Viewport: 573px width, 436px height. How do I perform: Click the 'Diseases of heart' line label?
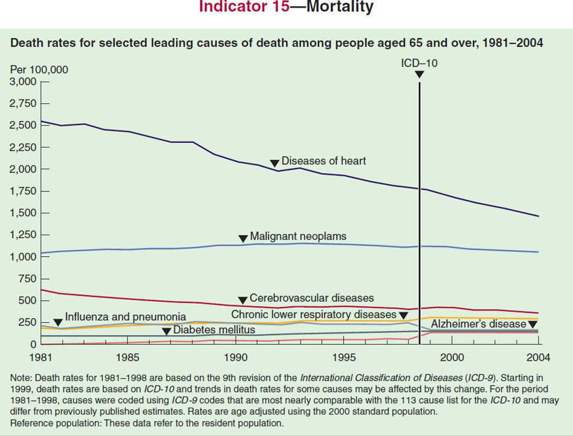[323, 161]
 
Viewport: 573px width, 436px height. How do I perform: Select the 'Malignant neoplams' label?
[298, 236]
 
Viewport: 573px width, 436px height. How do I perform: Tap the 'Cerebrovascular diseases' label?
[311, 298]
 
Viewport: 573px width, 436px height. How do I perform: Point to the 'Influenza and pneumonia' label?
[125, 316]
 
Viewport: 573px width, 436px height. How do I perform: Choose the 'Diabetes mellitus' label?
[214, 330]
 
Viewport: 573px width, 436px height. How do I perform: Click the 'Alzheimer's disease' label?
[478, 324]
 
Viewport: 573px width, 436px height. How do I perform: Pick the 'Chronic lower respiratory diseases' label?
[314, 314]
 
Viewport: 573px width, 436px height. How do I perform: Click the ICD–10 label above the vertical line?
[419, 63]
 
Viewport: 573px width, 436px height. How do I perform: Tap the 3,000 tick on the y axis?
[23, 82]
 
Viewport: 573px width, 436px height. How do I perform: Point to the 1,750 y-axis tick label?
[23, 191]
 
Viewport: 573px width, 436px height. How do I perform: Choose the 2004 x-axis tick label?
[538, 357]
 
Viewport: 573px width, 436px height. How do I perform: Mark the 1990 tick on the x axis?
[235, 357]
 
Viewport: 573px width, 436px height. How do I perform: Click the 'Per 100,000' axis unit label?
[39, 70]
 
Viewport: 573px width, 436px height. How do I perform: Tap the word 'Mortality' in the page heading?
[340, 7]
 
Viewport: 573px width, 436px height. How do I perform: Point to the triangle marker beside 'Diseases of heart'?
[275, 163]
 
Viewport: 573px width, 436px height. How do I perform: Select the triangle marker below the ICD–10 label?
[419, 74]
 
